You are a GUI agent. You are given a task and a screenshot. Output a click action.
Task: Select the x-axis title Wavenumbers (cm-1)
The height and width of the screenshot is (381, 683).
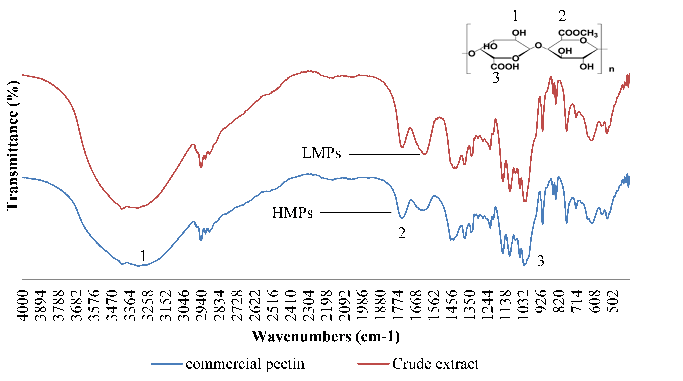point(326,336)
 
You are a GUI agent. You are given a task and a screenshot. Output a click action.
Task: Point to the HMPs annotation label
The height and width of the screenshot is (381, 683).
point(292,213)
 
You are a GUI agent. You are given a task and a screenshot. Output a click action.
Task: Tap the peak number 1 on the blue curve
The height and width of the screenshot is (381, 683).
point(143,256)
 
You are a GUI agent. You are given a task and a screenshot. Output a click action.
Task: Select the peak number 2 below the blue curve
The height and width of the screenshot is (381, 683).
point(402,233)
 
